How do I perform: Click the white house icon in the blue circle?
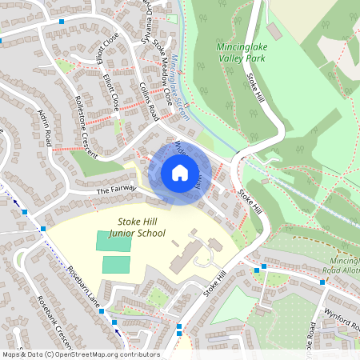tap(180, 173)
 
